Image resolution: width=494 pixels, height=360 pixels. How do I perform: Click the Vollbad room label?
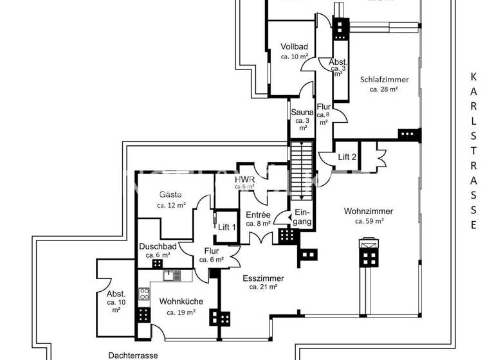(x=295, y=46)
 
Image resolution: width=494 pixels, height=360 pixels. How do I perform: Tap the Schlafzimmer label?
(x=384, y=80)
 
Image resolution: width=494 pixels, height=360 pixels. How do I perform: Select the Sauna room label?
(x=302, y=112)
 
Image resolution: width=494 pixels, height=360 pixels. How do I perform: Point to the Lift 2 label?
(x=347, y=157)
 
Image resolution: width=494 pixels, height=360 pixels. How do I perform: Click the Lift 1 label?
(x=227, y=227)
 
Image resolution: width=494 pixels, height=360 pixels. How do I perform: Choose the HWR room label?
(x=244, y=179)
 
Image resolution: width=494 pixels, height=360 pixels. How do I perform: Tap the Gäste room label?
(x=170, y=194)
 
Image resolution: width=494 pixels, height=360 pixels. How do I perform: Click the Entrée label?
(x=258, y=215)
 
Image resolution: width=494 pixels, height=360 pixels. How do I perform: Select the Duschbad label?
(x=158, y=246)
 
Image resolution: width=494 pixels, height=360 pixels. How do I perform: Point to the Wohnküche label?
(x=181, y=301)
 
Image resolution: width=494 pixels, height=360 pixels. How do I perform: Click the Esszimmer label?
(x=263, y=278)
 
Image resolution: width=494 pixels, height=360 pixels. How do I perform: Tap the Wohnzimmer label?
(x=369, y=211)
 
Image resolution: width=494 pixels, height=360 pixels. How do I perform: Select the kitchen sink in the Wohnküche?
(x=171, y=276)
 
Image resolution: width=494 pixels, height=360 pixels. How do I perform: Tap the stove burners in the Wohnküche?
(x=144, y=294)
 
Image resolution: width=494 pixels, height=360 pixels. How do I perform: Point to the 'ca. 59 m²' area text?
(x=369, y=221)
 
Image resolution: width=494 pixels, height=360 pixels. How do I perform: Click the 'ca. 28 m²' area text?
(x=383, y=90)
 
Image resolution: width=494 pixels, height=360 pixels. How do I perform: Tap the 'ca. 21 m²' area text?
(x=263, y=287)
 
